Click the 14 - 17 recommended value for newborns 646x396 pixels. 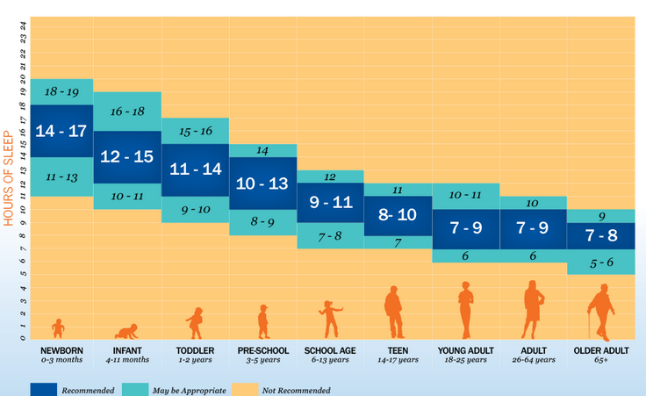[61, 131]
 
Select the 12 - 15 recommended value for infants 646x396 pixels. [127, 156]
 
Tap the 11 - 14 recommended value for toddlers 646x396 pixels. [195, 169]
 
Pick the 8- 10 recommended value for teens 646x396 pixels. [398, 214]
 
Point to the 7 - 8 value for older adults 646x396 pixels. [601, 235]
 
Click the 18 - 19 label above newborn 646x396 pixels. [61, 91]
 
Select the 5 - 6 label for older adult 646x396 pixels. [601, 262]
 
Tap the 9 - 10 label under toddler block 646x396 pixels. [195, 210]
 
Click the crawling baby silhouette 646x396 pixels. [127, 331]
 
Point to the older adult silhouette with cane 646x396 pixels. [601, 313]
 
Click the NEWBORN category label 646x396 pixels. [61, 350]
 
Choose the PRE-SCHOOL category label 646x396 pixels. [263, 350]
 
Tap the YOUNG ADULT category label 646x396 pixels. [465, 350]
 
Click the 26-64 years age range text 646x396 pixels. [533, 360]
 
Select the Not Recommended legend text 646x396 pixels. [298, 390]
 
